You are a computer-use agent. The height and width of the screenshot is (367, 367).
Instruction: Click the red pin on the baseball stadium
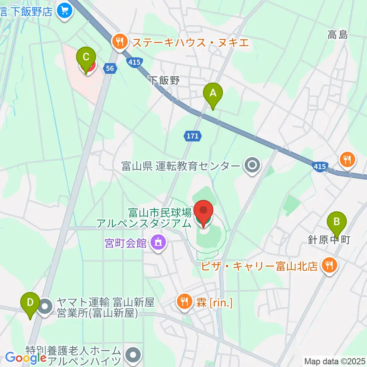pos(203,212)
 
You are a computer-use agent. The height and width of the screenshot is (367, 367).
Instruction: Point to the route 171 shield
pos(192,135)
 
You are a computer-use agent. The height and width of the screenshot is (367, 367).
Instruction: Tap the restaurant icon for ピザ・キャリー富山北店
pos(330,265)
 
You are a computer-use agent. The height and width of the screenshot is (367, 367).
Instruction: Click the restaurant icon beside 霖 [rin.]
pos(185,302)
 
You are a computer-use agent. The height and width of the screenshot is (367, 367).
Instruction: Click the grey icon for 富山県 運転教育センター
pos(252,166)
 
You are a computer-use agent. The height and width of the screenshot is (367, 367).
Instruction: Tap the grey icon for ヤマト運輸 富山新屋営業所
pos(45,307)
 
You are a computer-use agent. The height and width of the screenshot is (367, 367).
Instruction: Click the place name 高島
pos(337,35)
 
